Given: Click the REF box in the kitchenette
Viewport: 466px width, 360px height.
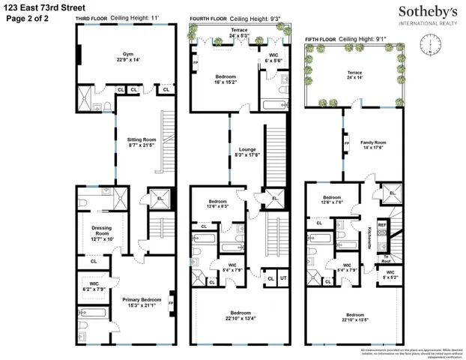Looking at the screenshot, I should (x=381, y=224).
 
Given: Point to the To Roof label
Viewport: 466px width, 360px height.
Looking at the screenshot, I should (x=387, y=258).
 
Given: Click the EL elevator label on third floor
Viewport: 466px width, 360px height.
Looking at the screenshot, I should (x=158, y=199).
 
